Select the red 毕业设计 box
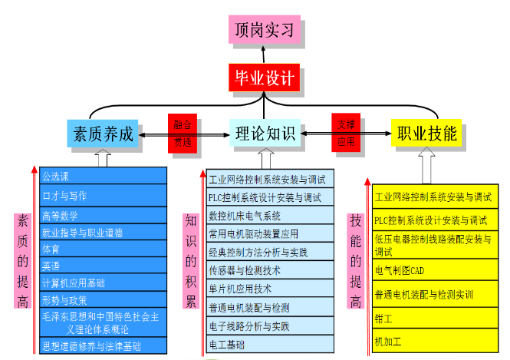click(x=263, y=78)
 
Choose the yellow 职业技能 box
click(x=426, y=134)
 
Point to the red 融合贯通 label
click(x=183, y=133)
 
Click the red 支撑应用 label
click(x=347, y=133)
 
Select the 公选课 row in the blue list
click(x=104, y=176)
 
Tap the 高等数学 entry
click(x=104, y=216)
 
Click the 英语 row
click(x=104, y=266)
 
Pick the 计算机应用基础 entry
click(x=104, y=282)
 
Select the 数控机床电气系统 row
click(x=269, y=216)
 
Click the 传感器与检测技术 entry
click(x=269, y=270)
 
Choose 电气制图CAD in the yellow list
click(x=434, y=270)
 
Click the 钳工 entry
click(x=434, y=317)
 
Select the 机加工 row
click(x=434, y=340)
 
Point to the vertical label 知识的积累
click(x=190, y=260)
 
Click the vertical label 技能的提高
click(x=356, y=260)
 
